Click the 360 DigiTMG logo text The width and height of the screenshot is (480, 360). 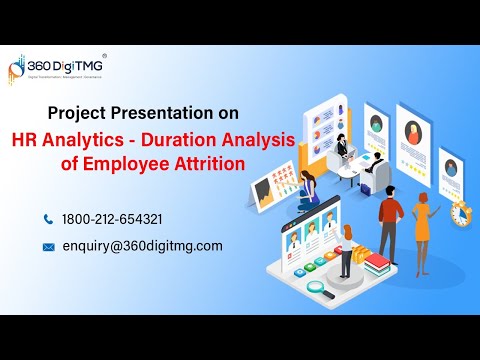tap(69, 65)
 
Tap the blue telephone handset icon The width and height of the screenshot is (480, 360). tap(48, 218)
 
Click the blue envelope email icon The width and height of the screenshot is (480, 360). tap(48, 246)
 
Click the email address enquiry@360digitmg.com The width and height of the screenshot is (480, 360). tap(142, 246)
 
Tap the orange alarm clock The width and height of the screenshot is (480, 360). tap(461, 213)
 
